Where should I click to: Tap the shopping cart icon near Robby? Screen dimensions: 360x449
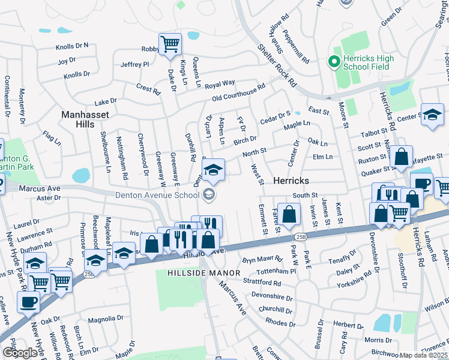pyautogui.click(x=170, y=44)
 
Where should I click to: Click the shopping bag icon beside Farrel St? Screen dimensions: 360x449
pyautogui.click(x=289, y=214)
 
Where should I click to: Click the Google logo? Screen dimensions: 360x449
pyautogui.click(x=20, y=353)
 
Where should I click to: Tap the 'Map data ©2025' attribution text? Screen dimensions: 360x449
pyautogui.click(x=423, y=355)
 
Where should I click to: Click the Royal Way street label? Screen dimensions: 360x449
pyautogui.click(x=220, y=83)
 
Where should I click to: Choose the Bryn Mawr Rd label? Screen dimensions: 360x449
pyautogui.click(x=262, y=259)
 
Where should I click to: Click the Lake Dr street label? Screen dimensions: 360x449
pyautogui.click(x=105, y=102)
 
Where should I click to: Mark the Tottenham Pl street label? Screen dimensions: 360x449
pyautogui.click(x=277, y=271)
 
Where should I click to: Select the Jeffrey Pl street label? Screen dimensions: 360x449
pyautogui.click(x=134, y=64)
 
